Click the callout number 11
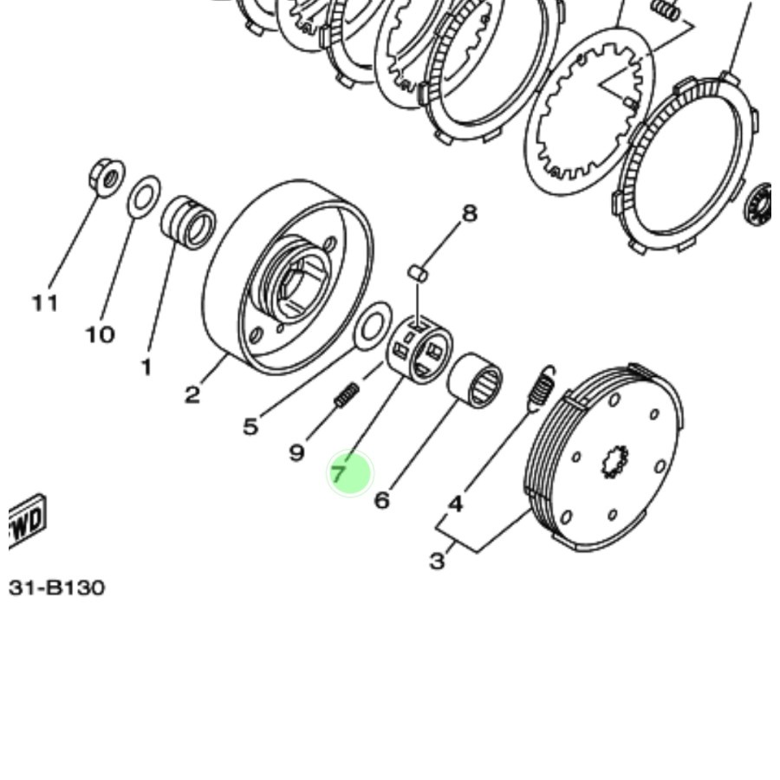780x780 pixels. coord(45,302)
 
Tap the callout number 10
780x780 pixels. coord(100,334)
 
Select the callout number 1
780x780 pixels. coord(146,367)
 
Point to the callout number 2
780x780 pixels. coord(192,395)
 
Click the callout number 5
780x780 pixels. coord(250,426)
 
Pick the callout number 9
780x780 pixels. coord(296,452)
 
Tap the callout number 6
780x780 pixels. coord(382,500)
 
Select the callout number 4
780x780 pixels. coord(455,503)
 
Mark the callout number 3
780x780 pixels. coord(438,561)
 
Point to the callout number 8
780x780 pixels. coord(469,212)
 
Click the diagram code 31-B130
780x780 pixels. coord(57,588)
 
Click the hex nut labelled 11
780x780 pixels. coord(107,179)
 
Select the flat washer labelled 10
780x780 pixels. coord(144,198)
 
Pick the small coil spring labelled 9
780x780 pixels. coord(346,397)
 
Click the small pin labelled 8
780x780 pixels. coord(418,273)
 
